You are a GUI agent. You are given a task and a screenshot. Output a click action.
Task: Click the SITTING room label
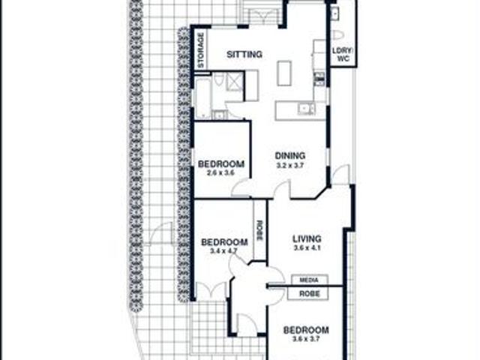point(244,55)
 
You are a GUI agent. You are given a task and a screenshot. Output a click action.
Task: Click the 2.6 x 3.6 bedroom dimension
point(221,172)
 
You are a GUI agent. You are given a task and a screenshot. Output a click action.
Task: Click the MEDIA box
point(309,280)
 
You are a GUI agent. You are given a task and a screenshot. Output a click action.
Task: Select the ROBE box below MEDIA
point(309,294)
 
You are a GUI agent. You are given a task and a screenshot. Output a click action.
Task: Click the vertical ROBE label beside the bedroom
point(260,229)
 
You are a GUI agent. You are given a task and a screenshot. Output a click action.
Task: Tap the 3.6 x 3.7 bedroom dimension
point(305,339)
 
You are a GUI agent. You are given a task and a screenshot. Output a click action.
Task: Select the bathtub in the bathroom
point(203,97)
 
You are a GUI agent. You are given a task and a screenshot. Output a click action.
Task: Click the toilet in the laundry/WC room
point(337,35)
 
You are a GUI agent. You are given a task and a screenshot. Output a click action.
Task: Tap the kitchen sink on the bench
point(305,109)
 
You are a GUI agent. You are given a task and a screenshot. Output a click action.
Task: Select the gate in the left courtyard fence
point(162,234)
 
